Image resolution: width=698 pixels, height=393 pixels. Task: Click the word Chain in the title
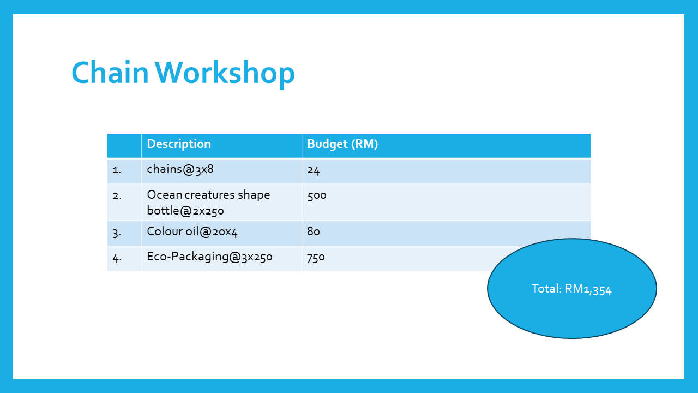point(110,72)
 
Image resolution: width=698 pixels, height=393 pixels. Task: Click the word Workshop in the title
point(225,74)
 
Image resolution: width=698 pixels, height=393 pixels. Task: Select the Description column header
point(179,144)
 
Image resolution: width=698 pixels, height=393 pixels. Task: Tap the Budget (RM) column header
point(342,144)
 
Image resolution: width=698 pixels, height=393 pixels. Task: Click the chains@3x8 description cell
point(180,169)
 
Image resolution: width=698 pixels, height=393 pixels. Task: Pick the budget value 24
point(314,170)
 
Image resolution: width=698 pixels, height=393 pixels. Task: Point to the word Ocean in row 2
point(165,195)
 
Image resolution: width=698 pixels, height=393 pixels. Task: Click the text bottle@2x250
point(185,211)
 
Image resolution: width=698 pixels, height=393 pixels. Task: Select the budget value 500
point(317,195)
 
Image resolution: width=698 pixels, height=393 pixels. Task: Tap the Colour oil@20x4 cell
point(192,231)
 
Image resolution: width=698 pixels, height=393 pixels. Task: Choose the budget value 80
point(314,231)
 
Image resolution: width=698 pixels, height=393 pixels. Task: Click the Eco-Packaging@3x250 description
point(210,257)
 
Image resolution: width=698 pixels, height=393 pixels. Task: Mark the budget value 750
point(316,257)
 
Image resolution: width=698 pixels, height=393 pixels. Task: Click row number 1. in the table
point(117,170)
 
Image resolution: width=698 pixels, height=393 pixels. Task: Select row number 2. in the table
point(117,195)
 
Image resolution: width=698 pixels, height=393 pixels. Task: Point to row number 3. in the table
point(117,233)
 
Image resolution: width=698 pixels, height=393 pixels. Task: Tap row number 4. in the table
point(117,258)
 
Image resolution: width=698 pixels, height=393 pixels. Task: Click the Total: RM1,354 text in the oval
point(571,289)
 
